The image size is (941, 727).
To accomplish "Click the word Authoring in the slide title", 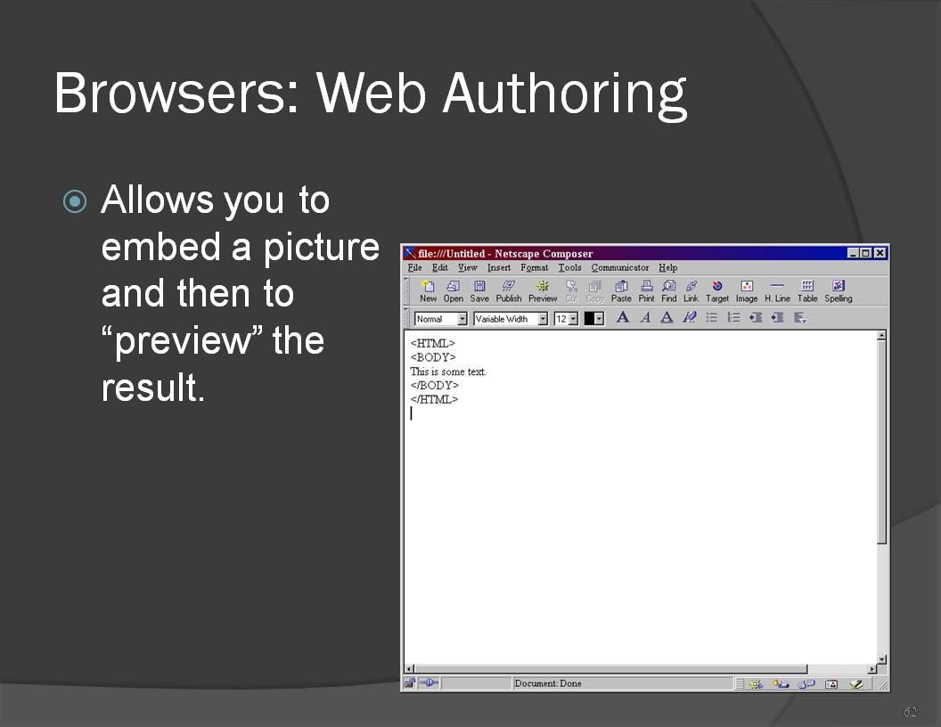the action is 564,94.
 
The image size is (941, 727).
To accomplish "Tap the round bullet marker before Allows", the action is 75,201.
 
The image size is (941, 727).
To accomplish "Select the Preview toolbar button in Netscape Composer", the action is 543,291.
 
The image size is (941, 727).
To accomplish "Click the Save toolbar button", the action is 479,291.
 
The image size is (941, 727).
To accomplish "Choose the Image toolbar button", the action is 747,291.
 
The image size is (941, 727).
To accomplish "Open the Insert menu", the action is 499,267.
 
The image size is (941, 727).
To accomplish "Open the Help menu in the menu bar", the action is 668,267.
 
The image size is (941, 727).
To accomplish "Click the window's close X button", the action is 880,253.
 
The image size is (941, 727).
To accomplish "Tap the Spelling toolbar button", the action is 839,291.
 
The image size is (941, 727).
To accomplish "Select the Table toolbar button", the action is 807,291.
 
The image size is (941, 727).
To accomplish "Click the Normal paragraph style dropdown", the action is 440,319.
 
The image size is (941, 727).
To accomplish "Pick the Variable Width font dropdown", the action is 510,319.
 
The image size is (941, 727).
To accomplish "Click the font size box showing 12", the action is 566,319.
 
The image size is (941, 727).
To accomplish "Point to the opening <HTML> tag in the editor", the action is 433,344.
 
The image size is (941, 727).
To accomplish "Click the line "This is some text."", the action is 448,372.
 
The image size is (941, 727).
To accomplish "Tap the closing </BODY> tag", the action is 435,386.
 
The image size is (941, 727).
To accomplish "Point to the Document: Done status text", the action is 548,683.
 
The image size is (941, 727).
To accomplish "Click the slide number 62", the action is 911,712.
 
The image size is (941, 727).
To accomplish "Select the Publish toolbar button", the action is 508,291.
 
